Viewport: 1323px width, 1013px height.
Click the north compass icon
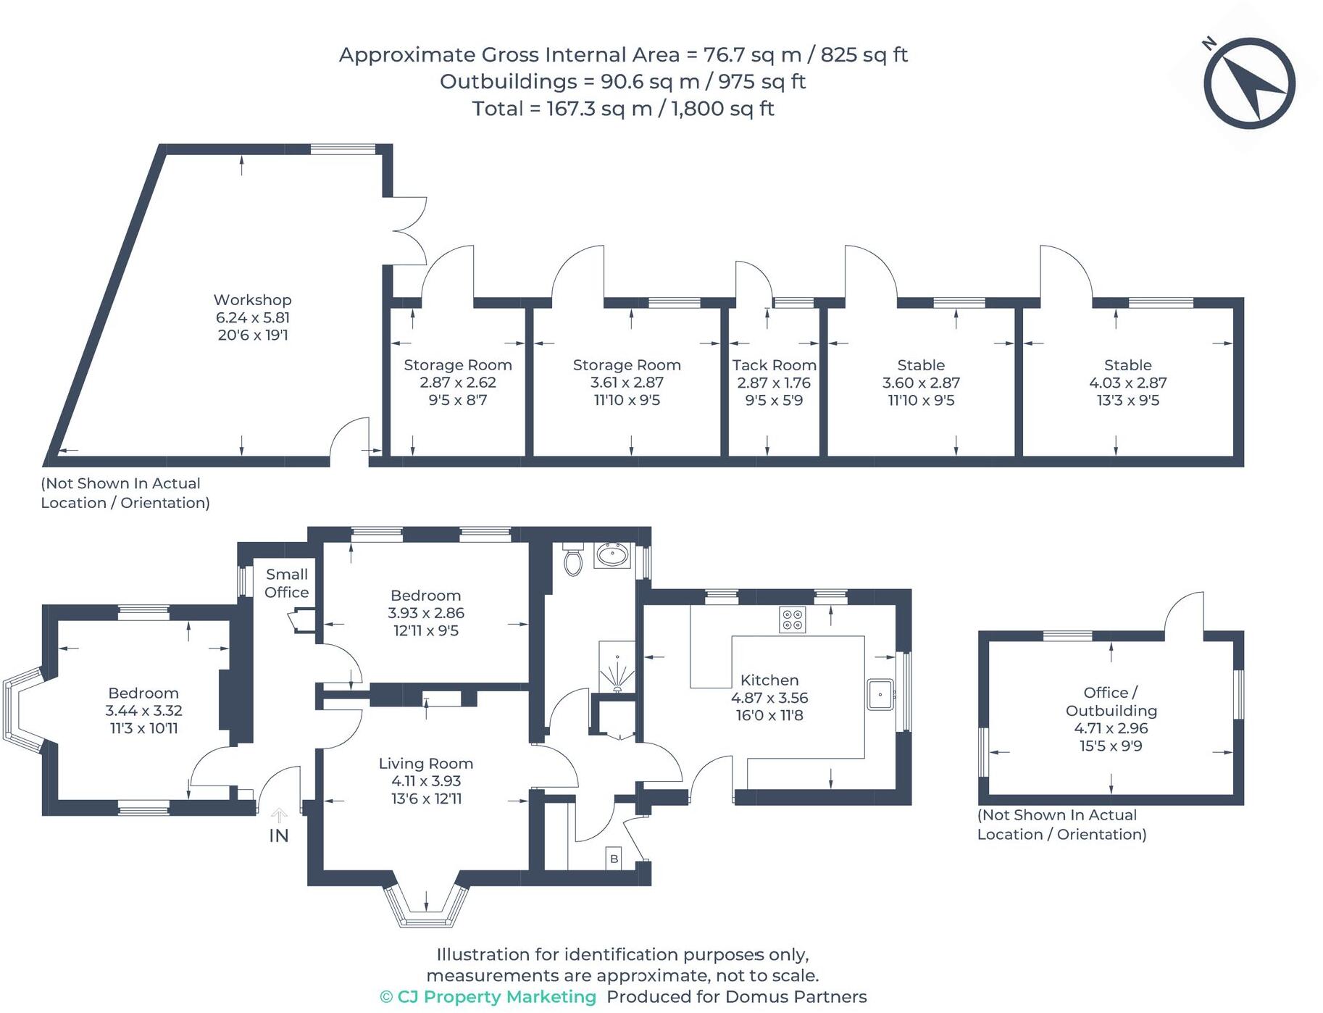click(1249, 84)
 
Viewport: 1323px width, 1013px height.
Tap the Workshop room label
click(252, 300)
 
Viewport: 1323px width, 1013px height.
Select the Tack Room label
click(774, 365)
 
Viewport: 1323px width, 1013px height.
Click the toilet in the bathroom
click(573, 560)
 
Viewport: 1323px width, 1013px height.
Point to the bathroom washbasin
click(613, 556)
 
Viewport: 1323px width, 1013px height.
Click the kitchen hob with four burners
click(792, 620)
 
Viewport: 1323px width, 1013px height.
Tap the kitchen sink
click(880, 694)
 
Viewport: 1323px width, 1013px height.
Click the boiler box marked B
click(614, 859)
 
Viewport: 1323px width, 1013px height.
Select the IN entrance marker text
click(279, 835)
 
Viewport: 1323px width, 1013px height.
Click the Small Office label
click(286, 583)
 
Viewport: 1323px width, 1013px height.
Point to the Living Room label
click(425, 764)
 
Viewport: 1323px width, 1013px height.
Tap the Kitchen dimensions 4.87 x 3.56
click(769, 698)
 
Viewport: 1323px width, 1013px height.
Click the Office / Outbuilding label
click(1111, 701)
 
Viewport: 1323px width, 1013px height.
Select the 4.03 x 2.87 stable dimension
click(1127, 383)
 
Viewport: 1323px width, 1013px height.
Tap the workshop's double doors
click(409, 231)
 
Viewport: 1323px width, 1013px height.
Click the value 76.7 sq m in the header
click(751, 55)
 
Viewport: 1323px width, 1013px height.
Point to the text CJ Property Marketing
click(496, 997)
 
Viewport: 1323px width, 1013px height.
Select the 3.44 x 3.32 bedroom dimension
click(143, 711)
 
